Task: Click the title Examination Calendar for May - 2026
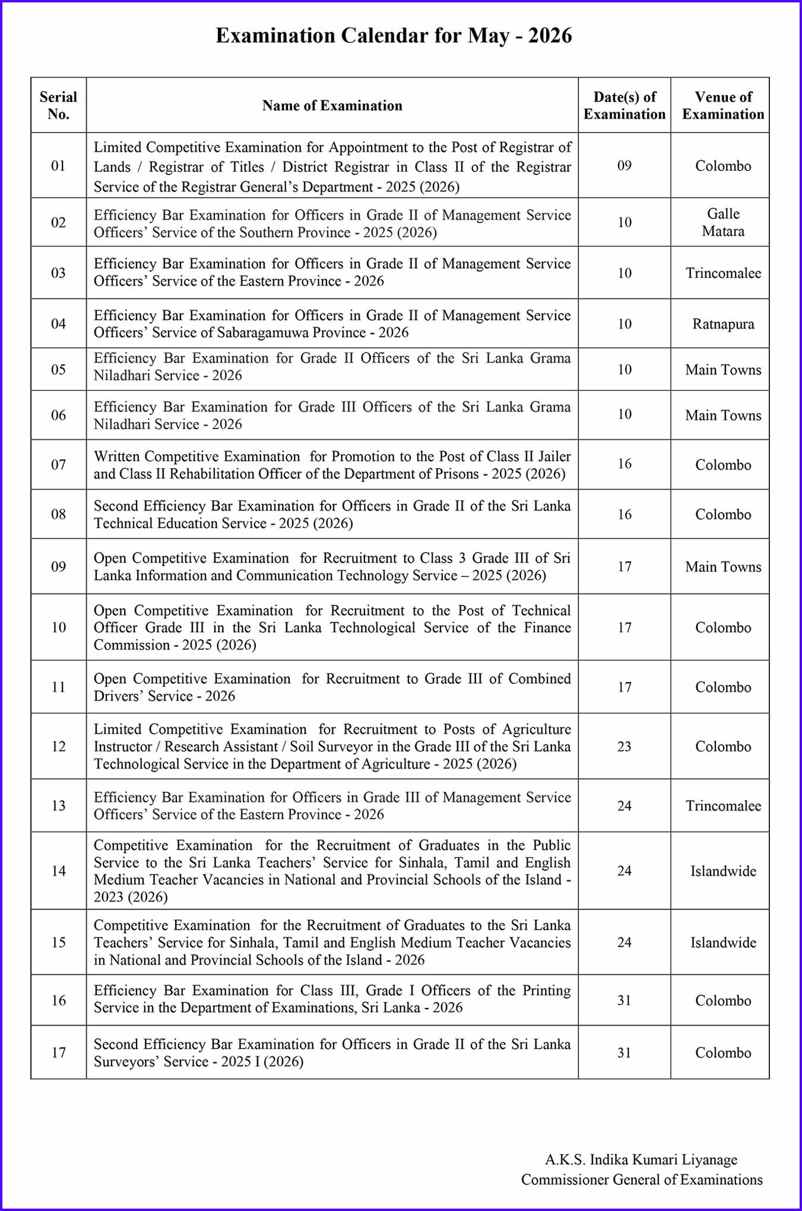[394, 36]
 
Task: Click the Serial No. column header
[58, 105]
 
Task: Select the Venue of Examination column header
[723, 105]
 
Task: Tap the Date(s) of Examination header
[625, 105]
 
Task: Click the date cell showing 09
[625, 166]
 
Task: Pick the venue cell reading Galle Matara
[723, 223]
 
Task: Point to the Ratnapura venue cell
[723, 324]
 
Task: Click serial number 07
[58, 465]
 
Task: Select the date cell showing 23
[625, 746]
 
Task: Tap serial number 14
[58, 871]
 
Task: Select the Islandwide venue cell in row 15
[723, 943]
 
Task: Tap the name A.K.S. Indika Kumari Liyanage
[641, 1159]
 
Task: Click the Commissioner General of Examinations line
[642, 1180]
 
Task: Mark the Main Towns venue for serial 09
[723, 567]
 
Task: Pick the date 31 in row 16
[625, 1000]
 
